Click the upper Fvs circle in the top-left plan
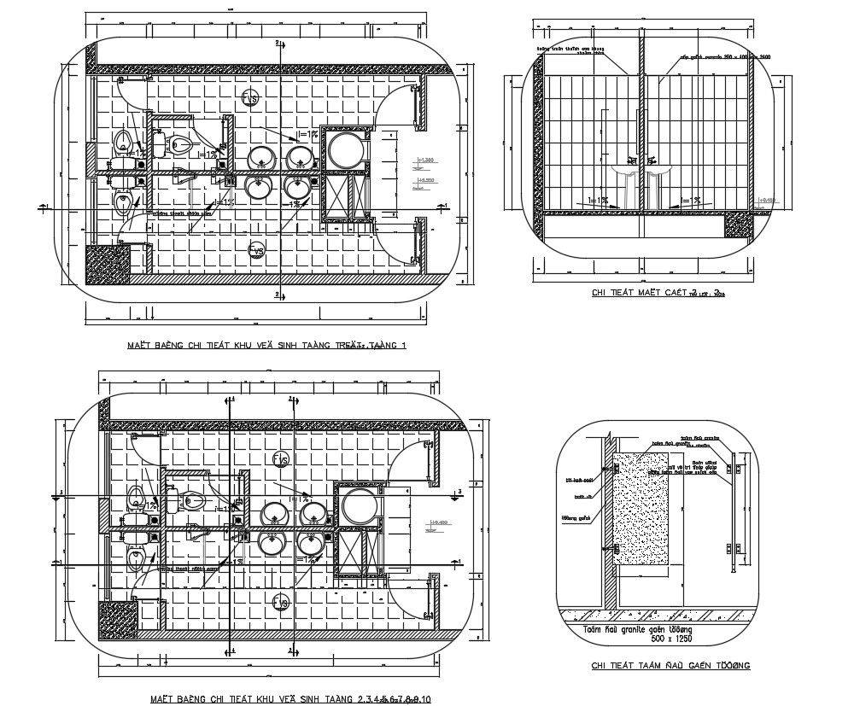click(x=250, y=98)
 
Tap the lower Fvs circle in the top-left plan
click(x=255, y=249)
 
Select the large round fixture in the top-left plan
click(x=347, y=150)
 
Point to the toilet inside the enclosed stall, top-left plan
click(x=178, y=143)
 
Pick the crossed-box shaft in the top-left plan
click(x=346, y=194)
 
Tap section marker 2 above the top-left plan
click(x=278, y=41)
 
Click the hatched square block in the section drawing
click(x=737, y=225)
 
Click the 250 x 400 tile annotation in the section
click(x=725, y=57)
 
